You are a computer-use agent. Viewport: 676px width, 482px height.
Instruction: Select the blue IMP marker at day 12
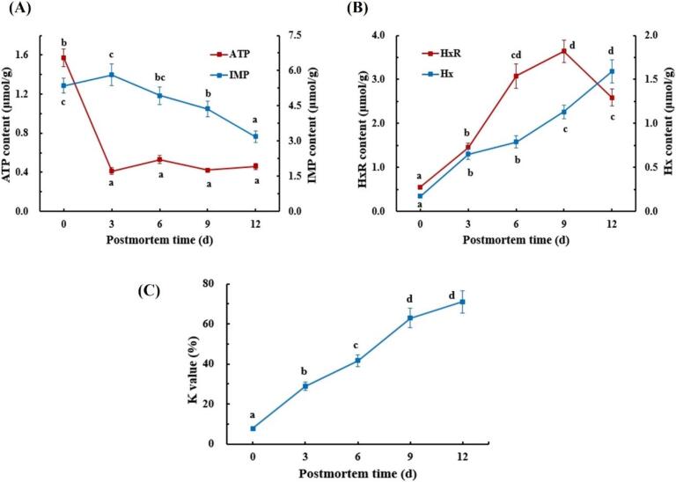pos(255,136)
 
